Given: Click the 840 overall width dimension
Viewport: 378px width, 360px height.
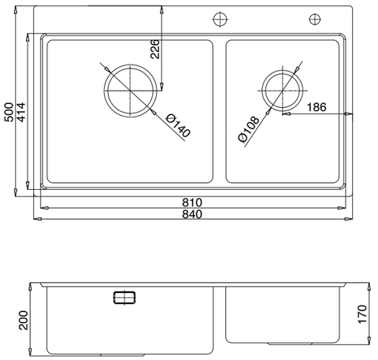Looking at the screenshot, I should (x=189, y=214).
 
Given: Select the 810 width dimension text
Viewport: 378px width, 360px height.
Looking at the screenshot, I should (x=189, y=202).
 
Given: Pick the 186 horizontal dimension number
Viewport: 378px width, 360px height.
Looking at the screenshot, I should (x=317, y=106).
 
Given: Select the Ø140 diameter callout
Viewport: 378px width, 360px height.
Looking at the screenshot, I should (x=178, y=124).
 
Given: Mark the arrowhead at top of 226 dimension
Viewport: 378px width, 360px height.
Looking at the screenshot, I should (x=162, y=9).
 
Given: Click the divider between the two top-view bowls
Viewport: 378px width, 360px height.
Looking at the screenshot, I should (x=220, y=110).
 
